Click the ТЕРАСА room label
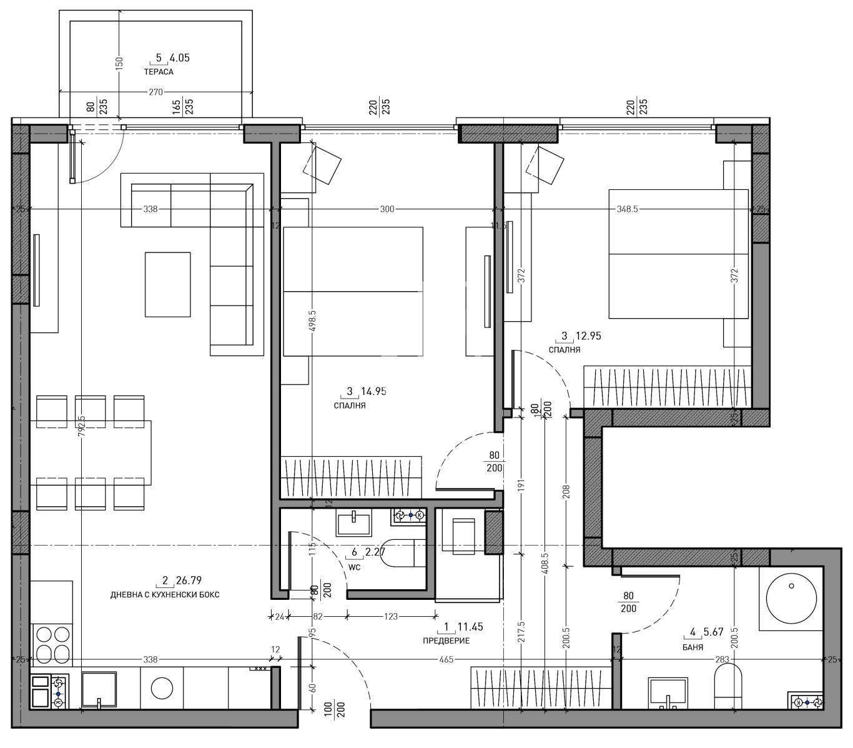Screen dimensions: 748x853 pos(159,72)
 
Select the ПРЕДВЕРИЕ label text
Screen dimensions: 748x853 pos(446,641)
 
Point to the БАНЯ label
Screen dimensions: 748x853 pos(693,647)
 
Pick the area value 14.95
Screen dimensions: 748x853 pos(373,392)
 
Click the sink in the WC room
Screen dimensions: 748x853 pos(353,522)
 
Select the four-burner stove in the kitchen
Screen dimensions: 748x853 pos(52,644)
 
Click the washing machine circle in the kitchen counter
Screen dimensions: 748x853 pos(162,689)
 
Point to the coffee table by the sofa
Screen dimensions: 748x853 pos(167,284)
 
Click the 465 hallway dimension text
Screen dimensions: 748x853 pos(446,659)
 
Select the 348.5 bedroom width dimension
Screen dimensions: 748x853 pos(626,209)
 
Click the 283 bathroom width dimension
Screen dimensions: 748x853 pos(722,659)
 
